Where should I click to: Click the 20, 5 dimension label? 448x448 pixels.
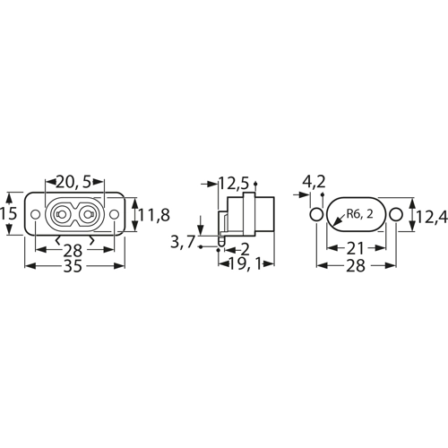[x=73, y=182]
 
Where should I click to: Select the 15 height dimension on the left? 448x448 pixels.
[x=8, y=214]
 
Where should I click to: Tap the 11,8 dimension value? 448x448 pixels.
[x=154, y=215]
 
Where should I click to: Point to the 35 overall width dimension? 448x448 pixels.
[x=73, y=266]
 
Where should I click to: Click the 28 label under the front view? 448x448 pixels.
[x=73, y=250]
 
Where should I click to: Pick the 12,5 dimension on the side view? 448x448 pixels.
[x=234, y=183]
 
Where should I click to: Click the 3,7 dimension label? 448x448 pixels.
[x=183, y=242]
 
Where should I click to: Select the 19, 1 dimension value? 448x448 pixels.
[x=245, y=264]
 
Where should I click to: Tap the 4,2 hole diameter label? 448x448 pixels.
[x=314, y=182]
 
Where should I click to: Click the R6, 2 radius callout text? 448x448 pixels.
[x=360, y=214]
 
